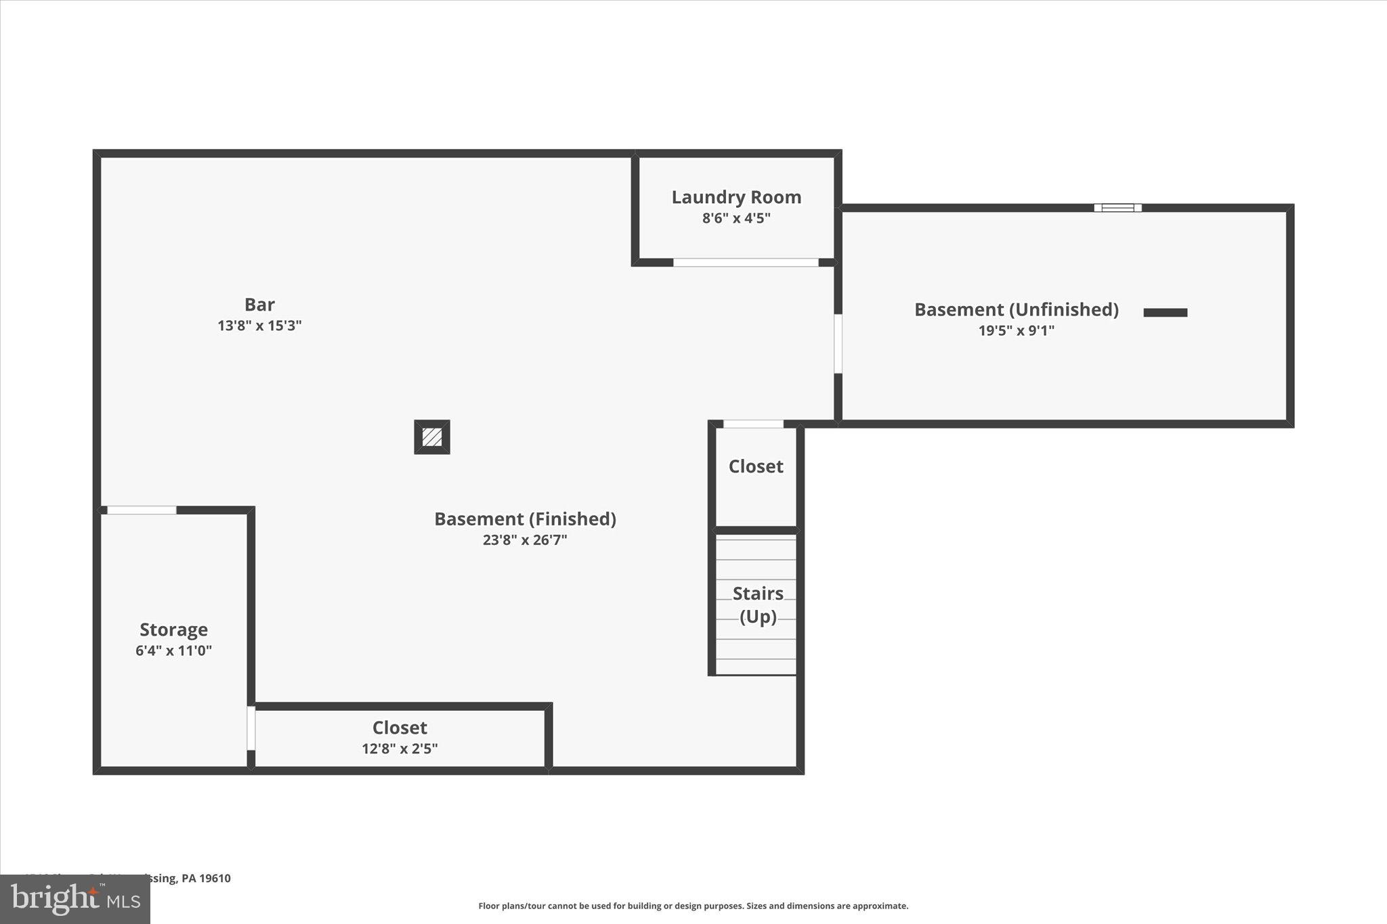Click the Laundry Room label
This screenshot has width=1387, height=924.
pyautogui.click(x=736, y=197)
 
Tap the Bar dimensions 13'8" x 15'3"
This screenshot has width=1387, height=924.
pyautogui.click(x=259, y=326)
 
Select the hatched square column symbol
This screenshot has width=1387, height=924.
pyautogui.click(x=432, y=437)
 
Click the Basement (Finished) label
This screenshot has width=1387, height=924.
pyautogui.click(x=525, y=519)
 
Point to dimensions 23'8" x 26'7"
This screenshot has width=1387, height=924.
pyautogui.click(x=525, y=540)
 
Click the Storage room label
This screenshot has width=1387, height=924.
pyautogui.click(x=173, y=630)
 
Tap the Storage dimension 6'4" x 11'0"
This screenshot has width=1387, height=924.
pyautogui.click(x=173, y=651)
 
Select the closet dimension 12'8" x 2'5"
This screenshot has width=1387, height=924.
pyautogui.click(x=400, y=749)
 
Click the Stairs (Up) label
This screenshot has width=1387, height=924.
pyautogui.click(x=758, y=604)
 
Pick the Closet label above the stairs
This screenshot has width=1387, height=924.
pyautogui.click(x=756, y=466)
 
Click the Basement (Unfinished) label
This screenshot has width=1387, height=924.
pyautogui.click(x=1016, y=309)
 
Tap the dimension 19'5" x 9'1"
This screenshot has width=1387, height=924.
pyautogui.click(x=1016, y=331)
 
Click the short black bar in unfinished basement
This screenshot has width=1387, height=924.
pyautogui.click(x=1165, y=313)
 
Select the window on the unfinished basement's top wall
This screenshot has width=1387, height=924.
pyautogui.click(x=1117, y=208)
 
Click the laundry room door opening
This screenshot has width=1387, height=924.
pyautogui.click(x=746, y=263)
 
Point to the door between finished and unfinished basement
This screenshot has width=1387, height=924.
pyautogui.click(x=838, y=344)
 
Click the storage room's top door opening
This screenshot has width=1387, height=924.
pyautogui.click(x=142, y=510)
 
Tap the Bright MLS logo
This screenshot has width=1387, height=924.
pyautogui.click(x=74, y=900)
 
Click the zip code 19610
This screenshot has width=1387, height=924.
pyautogui.click(x=215, y=879)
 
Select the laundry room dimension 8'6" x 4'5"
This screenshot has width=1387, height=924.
pyautogui.click(x=736, y=219)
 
